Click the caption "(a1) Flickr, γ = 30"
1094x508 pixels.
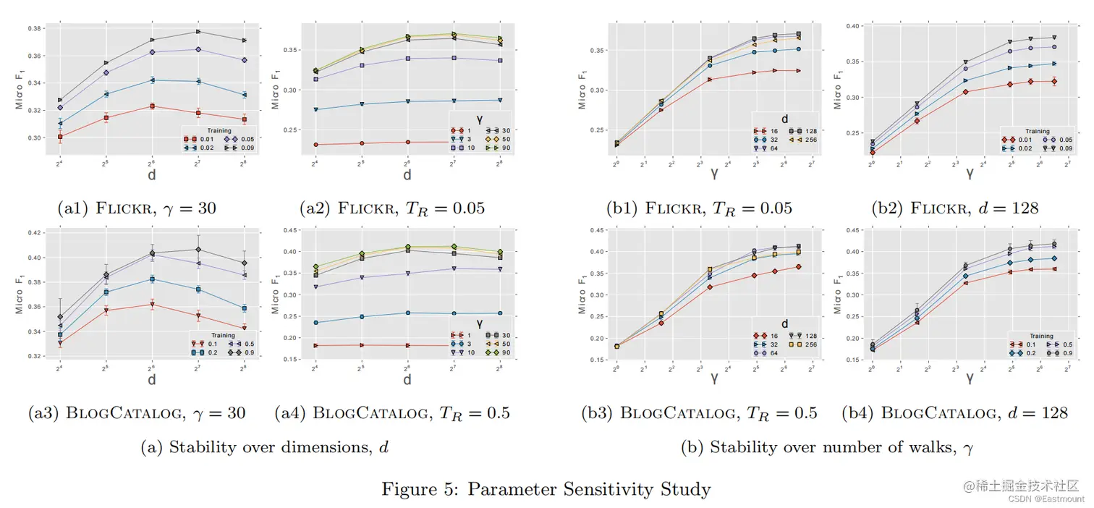pyautogui.click(x=137, y=208)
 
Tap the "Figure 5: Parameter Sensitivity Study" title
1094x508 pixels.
pyautogui.click(x=546, y=489)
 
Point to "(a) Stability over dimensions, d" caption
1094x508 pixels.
pyautogui.click(x=264, y=447)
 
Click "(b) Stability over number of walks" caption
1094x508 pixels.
pyautogui.click(x=827, y=447)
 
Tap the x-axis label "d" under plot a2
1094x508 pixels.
pyautogui.click(x=407, y=175)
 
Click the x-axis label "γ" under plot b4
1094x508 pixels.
pyautogui.click(x=970, y=378)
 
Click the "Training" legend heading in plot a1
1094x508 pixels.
pyautogui.click(x=219, y=131)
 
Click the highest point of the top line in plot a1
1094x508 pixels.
pyautogui.click(x=198, y=31)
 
